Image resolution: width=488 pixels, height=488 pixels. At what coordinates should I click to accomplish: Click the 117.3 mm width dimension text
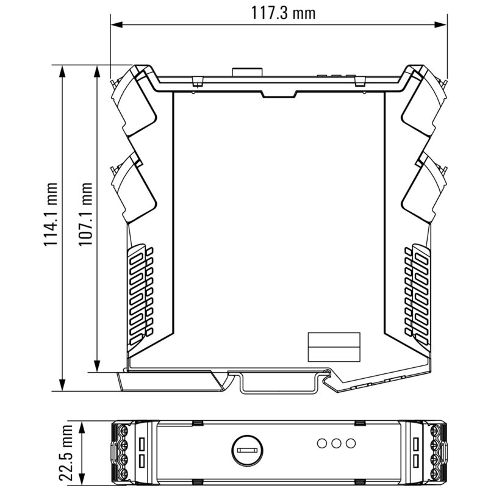284,12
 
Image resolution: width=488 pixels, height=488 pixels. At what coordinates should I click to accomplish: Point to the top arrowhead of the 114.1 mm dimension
62,71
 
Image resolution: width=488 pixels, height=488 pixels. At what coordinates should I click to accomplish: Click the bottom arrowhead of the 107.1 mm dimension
96,365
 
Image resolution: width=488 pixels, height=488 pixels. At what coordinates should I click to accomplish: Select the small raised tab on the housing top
247,71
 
